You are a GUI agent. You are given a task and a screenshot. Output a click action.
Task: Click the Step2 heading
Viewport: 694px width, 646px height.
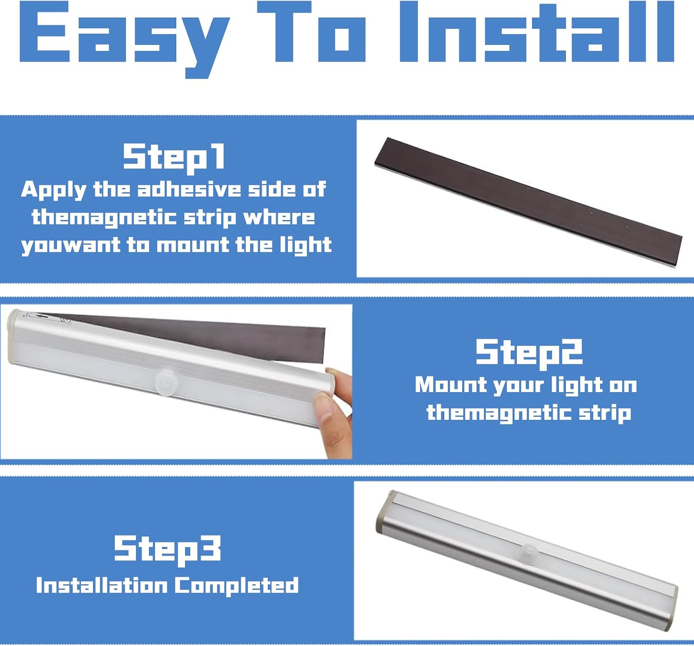pyautogui.click(x=529, y=353)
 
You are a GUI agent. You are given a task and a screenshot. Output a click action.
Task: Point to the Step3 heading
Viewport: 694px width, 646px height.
pyautogui.click(x=167, y=549)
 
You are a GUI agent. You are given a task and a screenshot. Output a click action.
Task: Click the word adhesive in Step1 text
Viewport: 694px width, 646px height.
pyautogui.click(x=189, y=190)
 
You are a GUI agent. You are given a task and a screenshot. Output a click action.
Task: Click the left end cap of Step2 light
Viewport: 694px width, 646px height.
pyautogui.click(x=14, y=338)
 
